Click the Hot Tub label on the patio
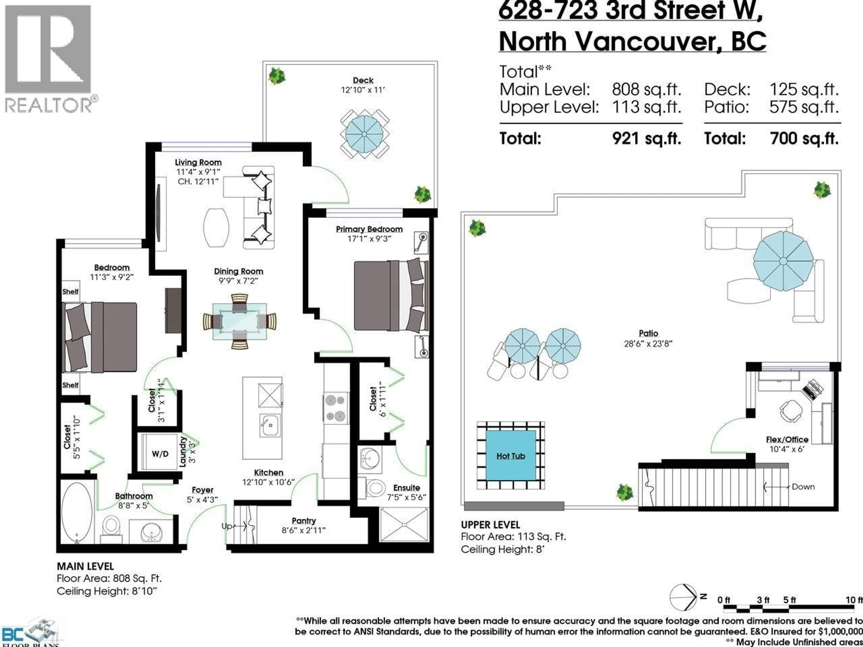pyautogui.click(x=510, y=456)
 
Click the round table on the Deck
pyautogui.click(x=364, y=134)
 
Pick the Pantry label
pyautogui.click(x=304, y=521)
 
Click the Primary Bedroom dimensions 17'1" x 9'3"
pyautogui.click(x=369, y=239)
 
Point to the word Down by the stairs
pyautogui.click(x=803, y=487)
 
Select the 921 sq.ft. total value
pyautogui.click(x=647, y=138)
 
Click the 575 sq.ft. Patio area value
pyautogui.click(x=804, y=107)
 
